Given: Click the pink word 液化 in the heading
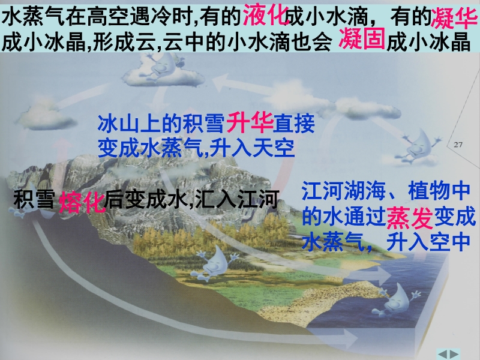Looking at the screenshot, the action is coord(266,16).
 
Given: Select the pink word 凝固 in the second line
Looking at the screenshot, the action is coord(362,39).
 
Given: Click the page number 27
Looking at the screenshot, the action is coord(458,145).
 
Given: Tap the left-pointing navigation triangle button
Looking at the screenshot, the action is coord(442,354).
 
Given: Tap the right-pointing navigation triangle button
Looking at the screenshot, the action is coord(454,354).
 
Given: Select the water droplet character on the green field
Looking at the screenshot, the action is coord(215,263).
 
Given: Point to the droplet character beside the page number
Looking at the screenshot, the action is coord(420,145).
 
